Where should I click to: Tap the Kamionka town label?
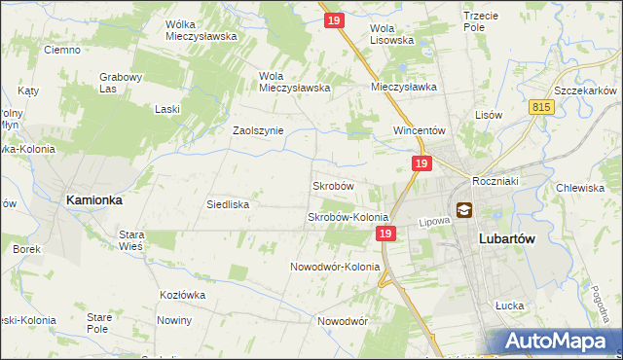tap(93, 198)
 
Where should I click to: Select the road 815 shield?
tap(543, 106)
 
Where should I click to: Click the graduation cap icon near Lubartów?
tap(463, 209)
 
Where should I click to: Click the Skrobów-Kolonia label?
tap(348, 217)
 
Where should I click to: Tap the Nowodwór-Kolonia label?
tap(335, 267)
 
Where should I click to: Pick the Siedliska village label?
tap(229, 204)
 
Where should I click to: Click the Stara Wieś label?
tap(131, 240)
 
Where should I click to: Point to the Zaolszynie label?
tap(257, 130)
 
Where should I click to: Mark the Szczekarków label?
tap(583, 89)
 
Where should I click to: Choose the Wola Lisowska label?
tap(392, 34)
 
